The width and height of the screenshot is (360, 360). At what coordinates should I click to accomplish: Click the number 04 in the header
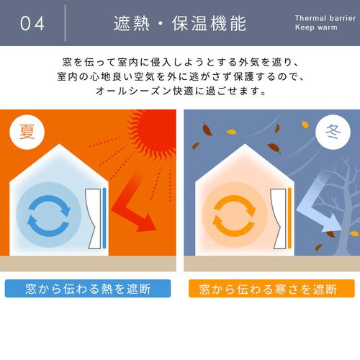pos(32,24)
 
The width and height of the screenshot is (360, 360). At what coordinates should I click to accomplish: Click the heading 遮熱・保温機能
pos(180,24)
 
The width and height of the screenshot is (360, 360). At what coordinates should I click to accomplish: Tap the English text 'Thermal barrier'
pos(325,18)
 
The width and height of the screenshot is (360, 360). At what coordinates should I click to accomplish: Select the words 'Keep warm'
pos(316,27)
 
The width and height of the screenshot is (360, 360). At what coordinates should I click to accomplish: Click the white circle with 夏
pos(27,132)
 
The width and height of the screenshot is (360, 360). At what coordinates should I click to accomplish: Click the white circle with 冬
pos(333,132)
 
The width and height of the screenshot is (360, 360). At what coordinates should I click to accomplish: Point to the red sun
pos(153,135)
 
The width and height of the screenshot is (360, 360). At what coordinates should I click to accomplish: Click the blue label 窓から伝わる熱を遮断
pos(88,289)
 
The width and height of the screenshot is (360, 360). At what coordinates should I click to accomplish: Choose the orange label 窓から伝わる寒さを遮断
pos(271,289)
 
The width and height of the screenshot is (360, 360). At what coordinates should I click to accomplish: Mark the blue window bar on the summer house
pos(104,218)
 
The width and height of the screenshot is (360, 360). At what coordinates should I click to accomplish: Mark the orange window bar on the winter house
pos(289,218)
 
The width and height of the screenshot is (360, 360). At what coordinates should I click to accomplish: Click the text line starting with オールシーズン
pos(181,91)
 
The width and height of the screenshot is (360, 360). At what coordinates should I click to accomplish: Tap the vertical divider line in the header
pos(65,23)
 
